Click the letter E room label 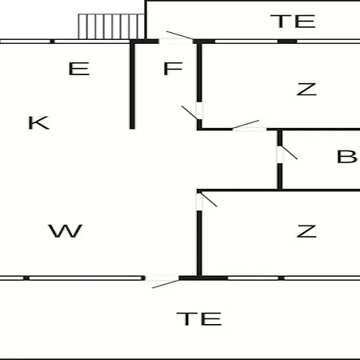79,69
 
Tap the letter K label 39,122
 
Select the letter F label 173,69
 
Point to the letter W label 65,231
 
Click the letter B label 346,157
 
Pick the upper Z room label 306,90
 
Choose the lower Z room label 306,231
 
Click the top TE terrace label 293,22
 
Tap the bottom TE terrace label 199,318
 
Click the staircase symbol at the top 111,26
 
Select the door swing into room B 287,153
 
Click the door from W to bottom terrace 162,282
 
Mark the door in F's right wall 192,112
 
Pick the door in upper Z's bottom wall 246,126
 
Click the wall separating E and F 132,86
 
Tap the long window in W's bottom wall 86,278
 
